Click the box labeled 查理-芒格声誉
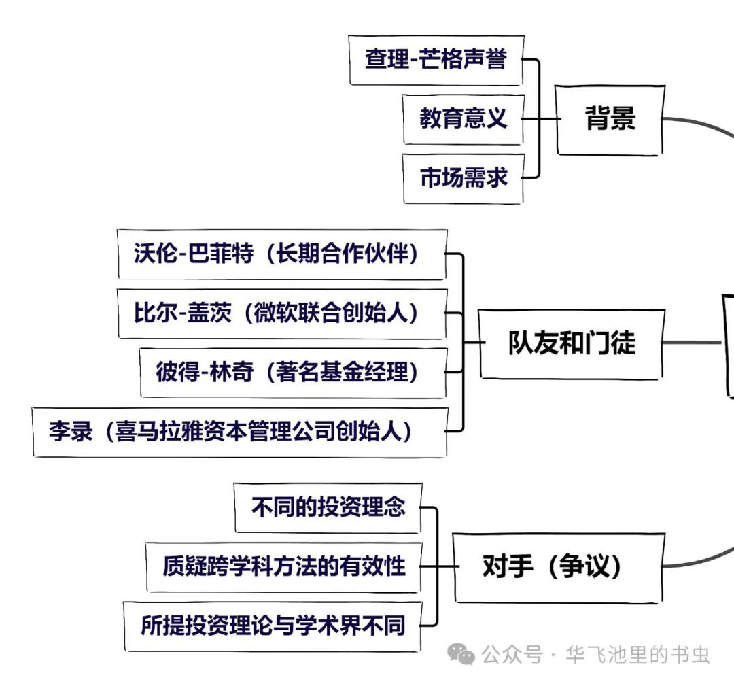click(x=436, y=60)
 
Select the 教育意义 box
click(x=463, y=119)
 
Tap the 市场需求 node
click(x=463, y=178)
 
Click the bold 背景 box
click(x=610, y=120)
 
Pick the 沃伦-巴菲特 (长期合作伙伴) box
click(x=282, y=254)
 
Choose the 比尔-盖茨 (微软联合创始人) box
click(x=282, y=313)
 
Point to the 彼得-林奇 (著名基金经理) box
click(x=293, y=373)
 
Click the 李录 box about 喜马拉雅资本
click(x=240, y=432)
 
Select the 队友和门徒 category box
click(x=572, y=343)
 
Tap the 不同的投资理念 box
click(x=328, y=507)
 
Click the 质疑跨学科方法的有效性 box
click(x=284, y=566)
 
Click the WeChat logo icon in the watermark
click(x=465, y=655)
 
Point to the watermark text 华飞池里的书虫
click(x=633, y=655)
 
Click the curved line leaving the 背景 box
click(x=700, y=126)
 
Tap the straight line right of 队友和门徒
click(x=692, y=342)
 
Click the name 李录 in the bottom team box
click(x=70, y=432)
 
